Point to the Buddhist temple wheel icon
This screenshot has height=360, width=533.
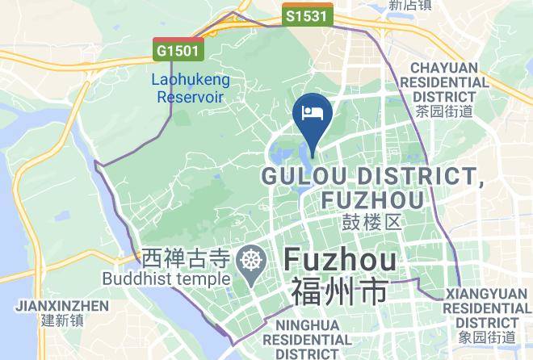[252, 260]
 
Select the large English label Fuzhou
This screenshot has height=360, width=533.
[341, 260]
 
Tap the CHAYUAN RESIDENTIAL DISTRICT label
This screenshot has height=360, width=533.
[449, 82]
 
